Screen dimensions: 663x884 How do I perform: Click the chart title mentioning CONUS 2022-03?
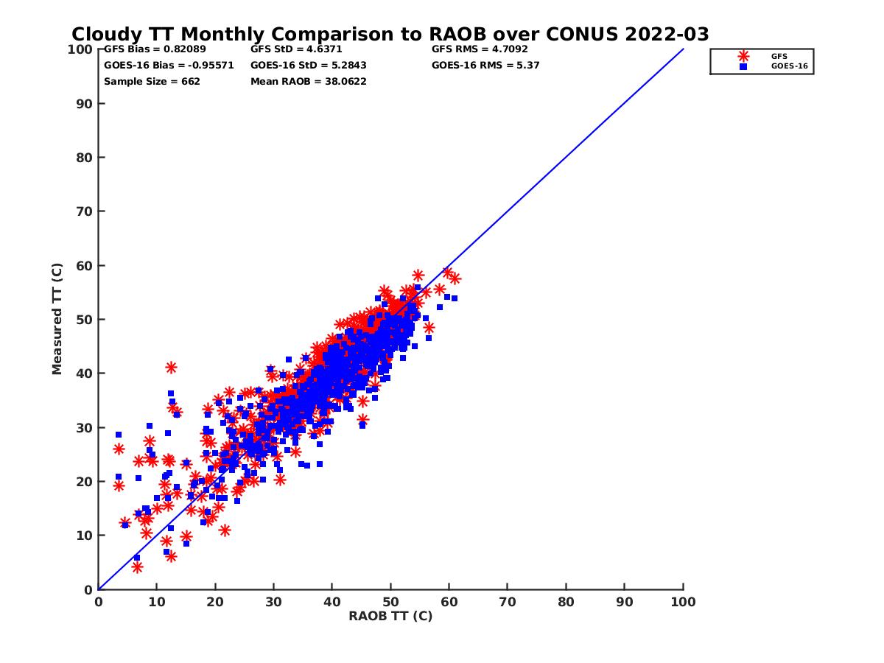point(390,35)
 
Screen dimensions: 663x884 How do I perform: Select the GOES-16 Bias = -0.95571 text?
point(169,66)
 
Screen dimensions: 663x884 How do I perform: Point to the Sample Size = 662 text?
point(152,82)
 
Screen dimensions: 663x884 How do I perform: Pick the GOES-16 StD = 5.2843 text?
point(309,66)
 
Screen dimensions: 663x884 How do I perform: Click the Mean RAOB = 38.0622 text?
point(309,82)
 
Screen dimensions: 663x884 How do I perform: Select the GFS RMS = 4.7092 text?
point(480,49)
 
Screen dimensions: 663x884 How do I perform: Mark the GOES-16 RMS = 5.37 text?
point(486,66)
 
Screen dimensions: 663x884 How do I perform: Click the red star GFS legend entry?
point(743,57)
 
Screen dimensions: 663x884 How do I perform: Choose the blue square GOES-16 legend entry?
point(743,66)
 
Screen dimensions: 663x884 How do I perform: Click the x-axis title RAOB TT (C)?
point(390,617)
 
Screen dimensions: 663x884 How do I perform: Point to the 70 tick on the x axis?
point(508,602)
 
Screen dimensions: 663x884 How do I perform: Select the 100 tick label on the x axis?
point(684,602)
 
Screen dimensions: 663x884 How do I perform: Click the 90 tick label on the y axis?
point(85,104)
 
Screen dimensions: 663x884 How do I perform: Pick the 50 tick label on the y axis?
point(85,320)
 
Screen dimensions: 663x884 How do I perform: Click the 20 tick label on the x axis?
point(215,602)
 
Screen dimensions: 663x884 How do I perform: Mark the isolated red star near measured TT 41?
point(171,368)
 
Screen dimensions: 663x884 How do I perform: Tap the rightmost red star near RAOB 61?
point(455,278)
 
